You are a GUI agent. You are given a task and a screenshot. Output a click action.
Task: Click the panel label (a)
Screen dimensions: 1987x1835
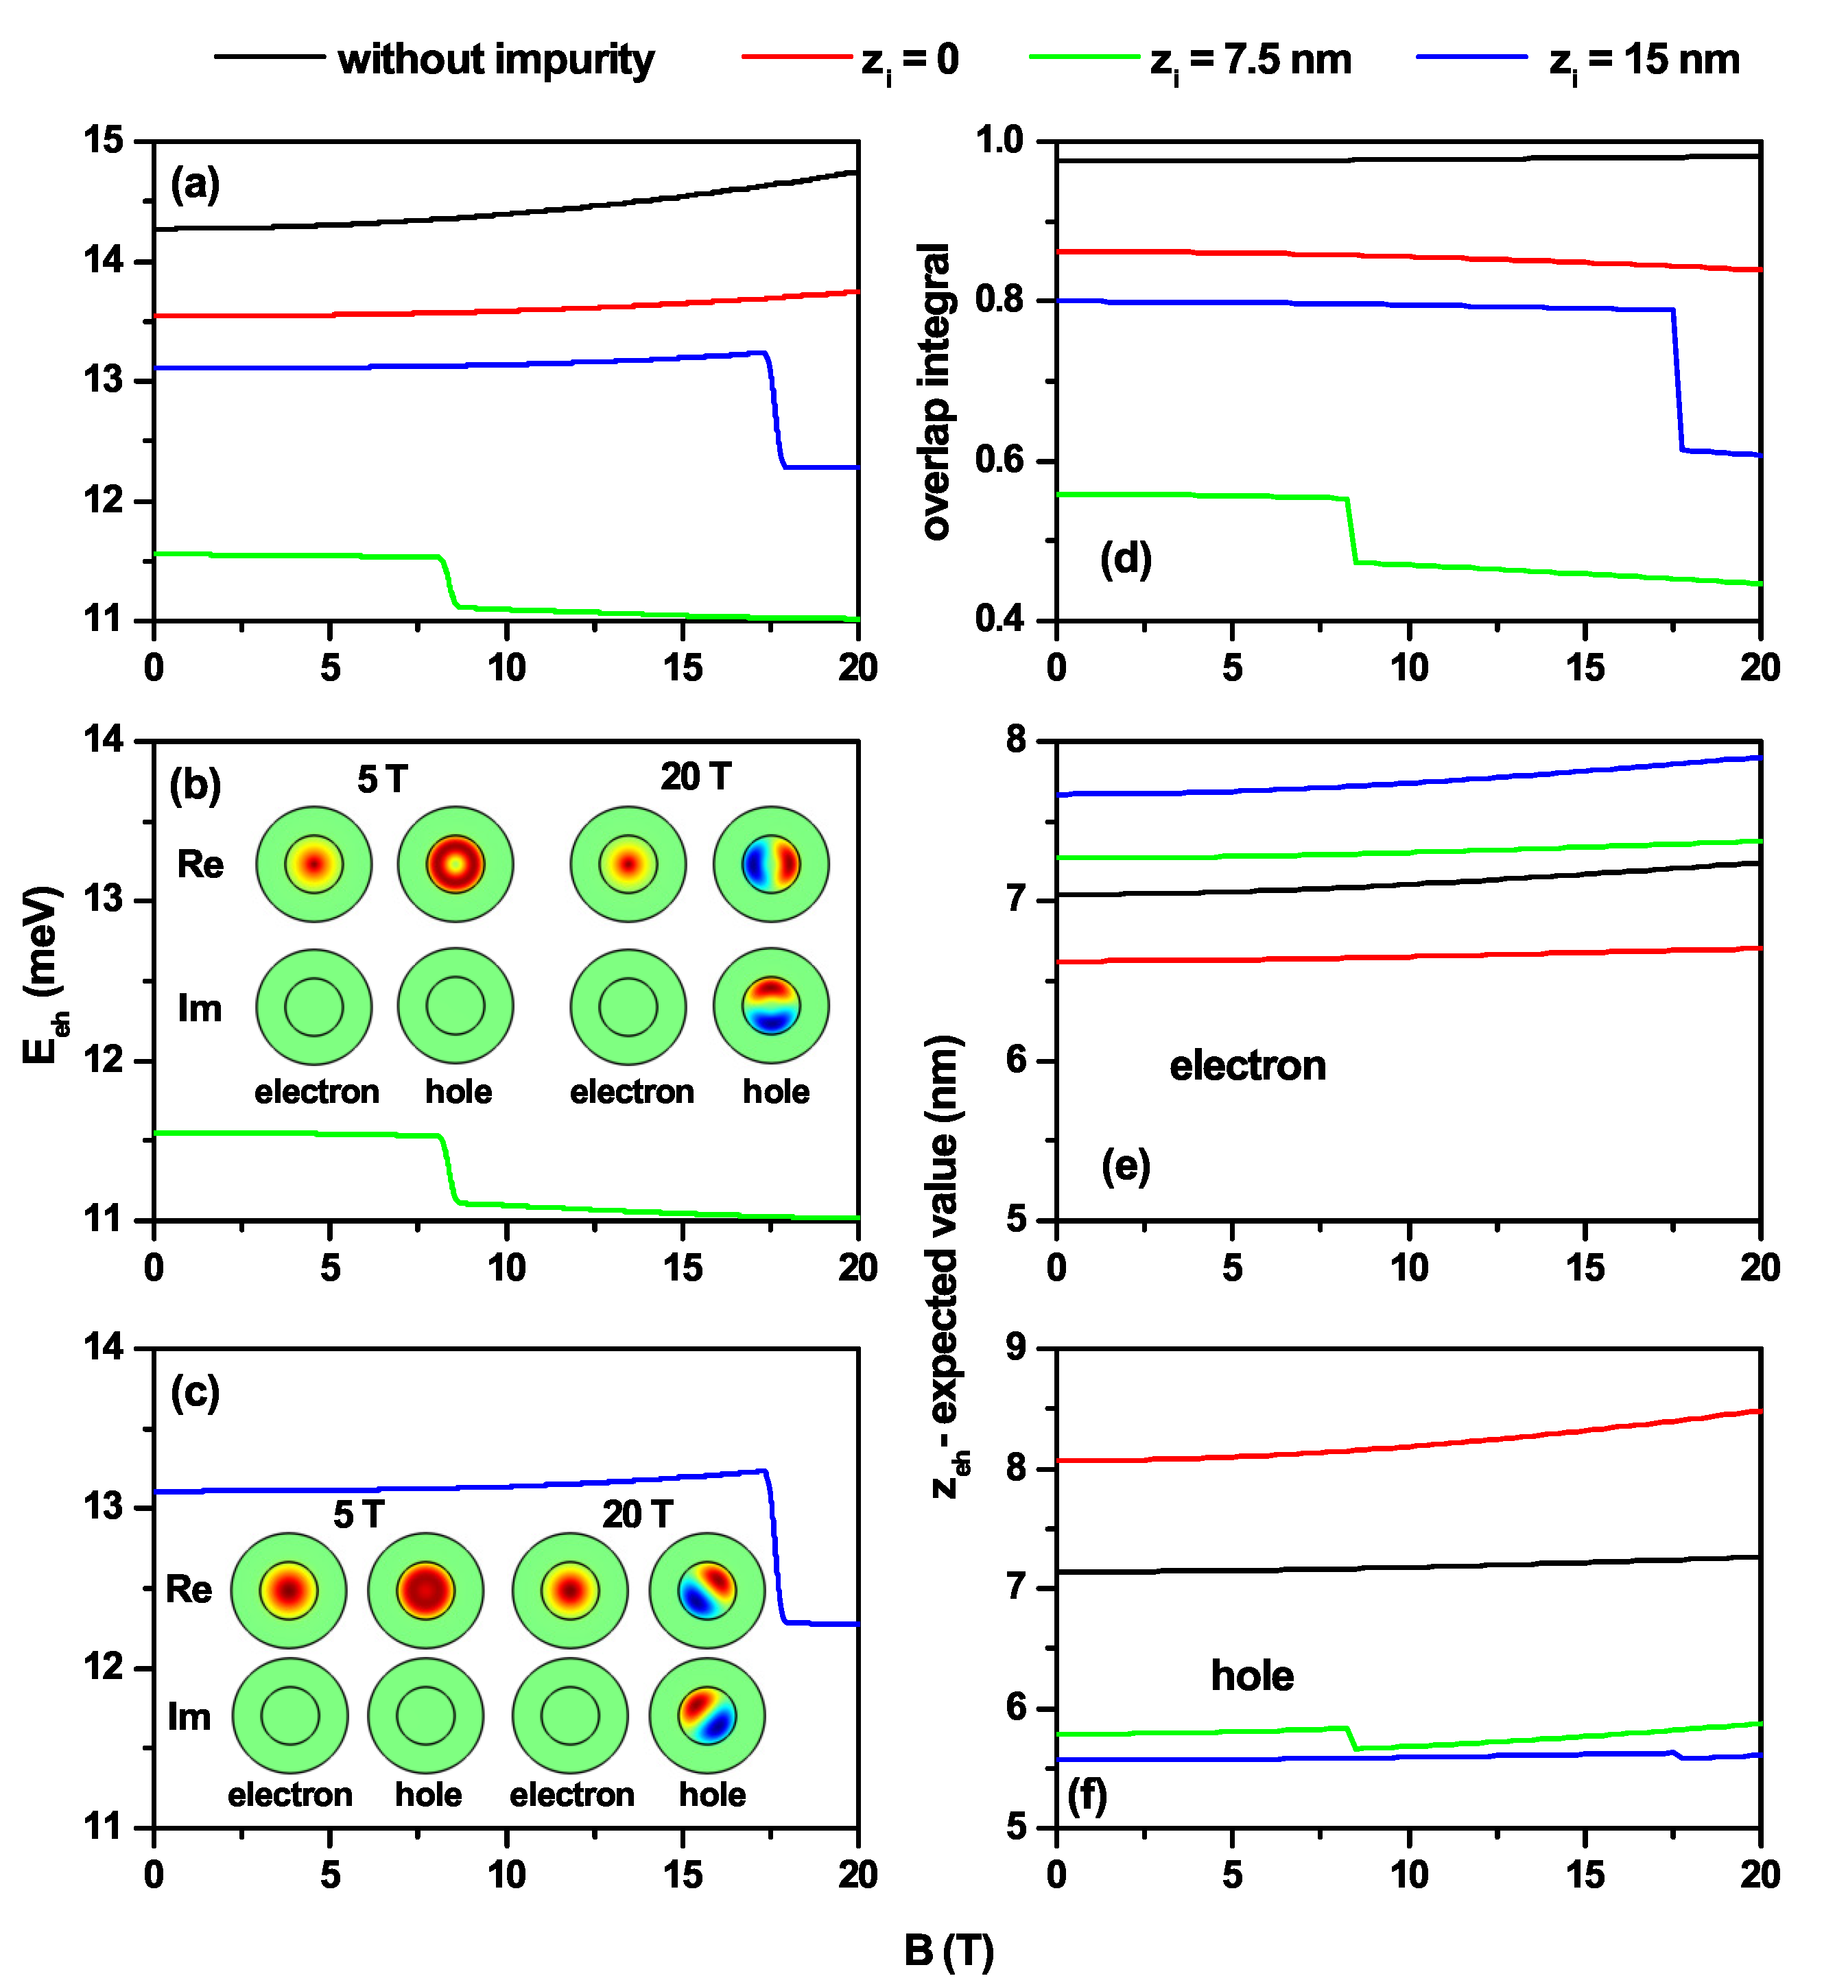point(195,185)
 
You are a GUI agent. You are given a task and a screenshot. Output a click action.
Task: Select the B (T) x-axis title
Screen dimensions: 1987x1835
point(947,1951)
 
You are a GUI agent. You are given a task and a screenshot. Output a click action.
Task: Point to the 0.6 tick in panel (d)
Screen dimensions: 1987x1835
point(1000,462)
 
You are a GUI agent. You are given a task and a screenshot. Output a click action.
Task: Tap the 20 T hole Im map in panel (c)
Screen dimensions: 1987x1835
point(707,1715)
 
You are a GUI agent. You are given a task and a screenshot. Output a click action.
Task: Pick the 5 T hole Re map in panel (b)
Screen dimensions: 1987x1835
point(455,864)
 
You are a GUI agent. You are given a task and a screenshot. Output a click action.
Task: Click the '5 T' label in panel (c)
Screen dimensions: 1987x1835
point(359,1514)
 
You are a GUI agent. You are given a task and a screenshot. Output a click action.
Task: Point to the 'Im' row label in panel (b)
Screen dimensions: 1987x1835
point(200,1008)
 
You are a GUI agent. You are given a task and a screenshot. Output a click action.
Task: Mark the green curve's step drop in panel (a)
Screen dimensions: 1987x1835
point(448,581)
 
